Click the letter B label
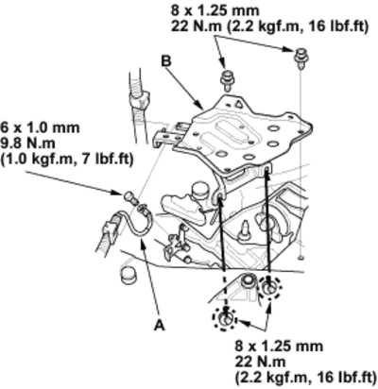(165, 61)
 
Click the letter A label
(160, 325)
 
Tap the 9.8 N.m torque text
(27, 144)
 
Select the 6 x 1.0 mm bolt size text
(40, 127)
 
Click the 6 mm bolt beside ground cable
(129, 197)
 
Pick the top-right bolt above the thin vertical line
(301, 58)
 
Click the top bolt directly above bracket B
(227, 80)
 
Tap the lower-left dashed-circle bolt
(224, 318)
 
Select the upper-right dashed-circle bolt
(269, 287)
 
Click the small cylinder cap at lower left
(129, 276)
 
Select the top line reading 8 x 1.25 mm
(215, 10)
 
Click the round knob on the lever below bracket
(198, 188)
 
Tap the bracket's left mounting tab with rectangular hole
(166, 137)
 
